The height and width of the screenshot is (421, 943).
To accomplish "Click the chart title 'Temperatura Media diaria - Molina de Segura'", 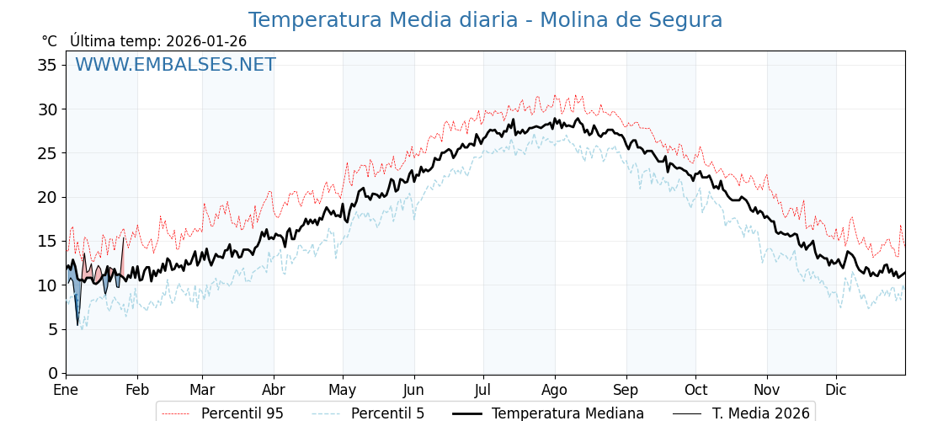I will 485,20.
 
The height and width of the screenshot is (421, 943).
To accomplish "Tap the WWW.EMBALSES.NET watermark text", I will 175,66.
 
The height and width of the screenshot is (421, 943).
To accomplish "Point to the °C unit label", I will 50,41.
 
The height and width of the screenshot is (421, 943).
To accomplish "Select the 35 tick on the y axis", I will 47,65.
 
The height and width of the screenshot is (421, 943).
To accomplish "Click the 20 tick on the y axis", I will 47,197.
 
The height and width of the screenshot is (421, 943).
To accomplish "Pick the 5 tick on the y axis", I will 52,329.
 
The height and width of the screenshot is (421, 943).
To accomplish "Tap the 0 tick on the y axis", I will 52,373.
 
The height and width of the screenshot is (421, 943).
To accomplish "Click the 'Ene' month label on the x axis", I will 66,391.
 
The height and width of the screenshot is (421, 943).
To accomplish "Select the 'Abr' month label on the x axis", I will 274,391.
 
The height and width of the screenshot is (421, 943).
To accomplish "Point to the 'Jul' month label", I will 483,391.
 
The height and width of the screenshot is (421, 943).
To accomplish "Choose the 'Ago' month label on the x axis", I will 555,391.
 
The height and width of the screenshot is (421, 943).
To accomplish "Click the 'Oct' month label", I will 695,391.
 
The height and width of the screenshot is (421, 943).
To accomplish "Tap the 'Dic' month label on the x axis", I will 836,391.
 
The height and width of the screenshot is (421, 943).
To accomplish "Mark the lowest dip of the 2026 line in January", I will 77,325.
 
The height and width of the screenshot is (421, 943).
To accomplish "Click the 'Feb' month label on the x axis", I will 137,391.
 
